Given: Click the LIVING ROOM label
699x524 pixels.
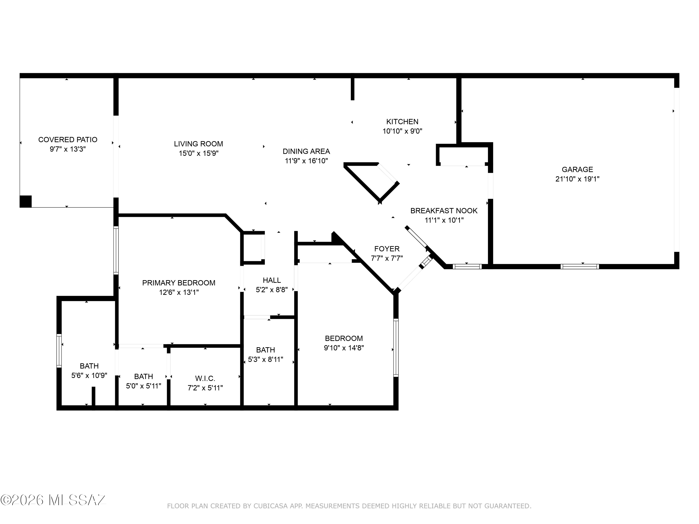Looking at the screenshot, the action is [x=199, y=144].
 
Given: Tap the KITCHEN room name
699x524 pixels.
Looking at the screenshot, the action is [x=402, y=122].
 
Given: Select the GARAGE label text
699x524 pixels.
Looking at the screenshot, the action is [x=577, y=170].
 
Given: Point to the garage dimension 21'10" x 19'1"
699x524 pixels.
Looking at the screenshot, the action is [x=577, y=179].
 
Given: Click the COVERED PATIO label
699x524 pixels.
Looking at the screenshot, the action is [x=68, y=140].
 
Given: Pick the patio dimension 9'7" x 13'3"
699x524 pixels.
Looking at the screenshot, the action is [x=68, y=149].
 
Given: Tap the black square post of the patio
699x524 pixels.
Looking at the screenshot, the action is [x=26, y=201].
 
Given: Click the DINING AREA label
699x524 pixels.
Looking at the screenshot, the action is [x=306, y=151].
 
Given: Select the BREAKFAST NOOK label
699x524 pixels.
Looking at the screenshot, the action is [x=444, y=211].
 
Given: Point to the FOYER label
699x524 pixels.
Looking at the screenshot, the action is [x=387, y=249].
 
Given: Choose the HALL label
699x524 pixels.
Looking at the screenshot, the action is [x=272, y=280].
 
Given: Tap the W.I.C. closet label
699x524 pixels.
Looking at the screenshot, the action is [x=205, y=378].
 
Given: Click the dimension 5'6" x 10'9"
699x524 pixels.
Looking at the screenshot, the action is [x=89, y=376].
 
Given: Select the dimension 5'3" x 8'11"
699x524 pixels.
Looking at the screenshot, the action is [x=265, y=359].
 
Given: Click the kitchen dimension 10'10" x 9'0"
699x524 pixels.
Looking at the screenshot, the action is [x=402, y=131].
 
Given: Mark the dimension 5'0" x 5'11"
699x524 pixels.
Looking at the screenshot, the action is [x=144, y=386].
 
